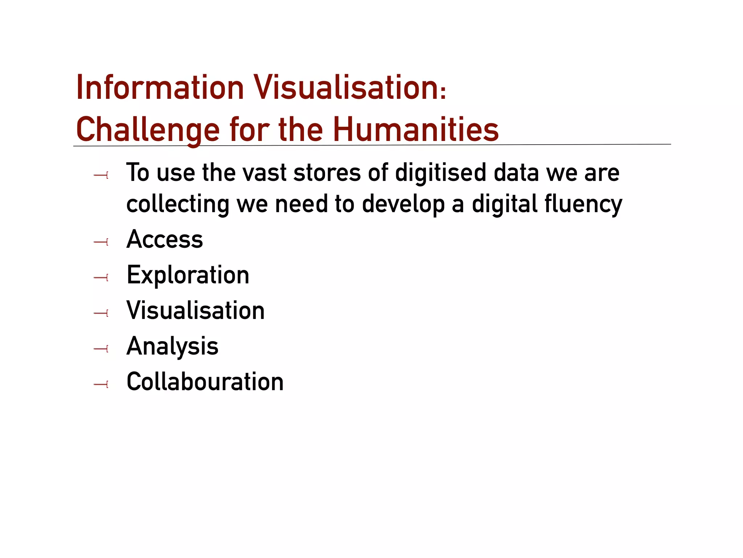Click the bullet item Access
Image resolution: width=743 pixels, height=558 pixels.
click(x=165, y=239)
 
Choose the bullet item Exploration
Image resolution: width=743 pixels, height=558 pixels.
click(x=188, y=275)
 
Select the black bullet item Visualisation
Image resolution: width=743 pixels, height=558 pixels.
click(x=196, y=311)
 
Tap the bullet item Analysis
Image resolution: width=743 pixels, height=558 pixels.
click(x=172, y=346)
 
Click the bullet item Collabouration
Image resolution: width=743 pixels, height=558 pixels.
click(x=205, y=382)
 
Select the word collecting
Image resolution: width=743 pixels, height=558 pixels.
click(x=178, y=204)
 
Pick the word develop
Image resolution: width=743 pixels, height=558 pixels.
click(x=403, y=204)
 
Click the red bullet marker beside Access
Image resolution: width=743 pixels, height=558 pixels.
click(x=101, y=242)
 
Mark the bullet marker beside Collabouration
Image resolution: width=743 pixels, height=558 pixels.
click(x=101, y=384)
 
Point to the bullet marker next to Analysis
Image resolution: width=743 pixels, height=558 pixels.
click(x=101, y=349)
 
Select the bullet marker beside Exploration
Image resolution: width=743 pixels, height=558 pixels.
click(x=101, y=278)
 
